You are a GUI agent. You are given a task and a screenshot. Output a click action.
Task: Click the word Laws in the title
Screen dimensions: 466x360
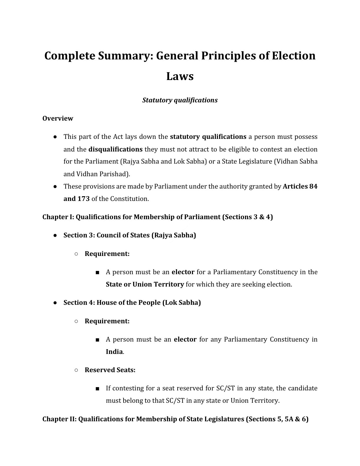click(180, 76)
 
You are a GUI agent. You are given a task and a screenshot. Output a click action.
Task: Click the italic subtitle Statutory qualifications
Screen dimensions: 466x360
click(180, 100)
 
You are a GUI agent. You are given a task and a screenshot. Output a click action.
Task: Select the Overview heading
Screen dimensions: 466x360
click(58, 118)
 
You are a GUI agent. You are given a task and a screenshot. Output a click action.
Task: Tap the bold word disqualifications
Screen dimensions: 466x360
click(115, 149)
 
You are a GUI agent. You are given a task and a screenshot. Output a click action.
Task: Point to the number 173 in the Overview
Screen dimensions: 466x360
click(84, 199)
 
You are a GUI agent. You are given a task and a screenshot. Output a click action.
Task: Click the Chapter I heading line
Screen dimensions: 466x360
click(157, 217)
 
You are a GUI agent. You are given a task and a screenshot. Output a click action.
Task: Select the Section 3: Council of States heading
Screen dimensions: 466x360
click(129, 235)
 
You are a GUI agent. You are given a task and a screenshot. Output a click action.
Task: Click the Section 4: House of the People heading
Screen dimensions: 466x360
click(132, 302)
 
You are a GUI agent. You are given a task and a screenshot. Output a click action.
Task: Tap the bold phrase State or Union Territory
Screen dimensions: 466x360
click(145, 284)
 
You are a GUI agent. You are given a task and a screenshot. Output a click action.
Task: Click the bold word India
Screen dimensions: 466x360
click(114, 352)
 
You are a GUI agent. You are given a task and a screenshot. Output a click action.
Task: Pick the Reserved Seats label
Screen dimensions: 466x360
click(110, 370)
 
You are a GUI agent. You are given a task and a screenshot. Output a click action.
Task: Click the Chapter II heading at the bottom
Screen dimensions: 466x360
click(175, 419)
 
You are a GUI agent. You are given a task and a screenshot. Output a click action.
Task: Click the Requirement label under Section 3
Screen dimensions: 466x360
click(107, 254)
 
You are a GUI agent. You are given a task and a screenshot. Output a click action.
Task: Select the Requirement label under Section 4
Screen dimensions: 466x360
click(107, 321)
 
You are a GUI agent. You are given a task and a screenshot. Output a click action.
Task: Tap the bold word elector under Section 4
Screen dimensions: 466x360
click(185, 339)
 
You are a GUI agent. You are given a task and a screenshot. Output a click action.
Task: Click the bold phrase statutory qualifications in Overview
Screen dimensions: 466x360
click(208, 137)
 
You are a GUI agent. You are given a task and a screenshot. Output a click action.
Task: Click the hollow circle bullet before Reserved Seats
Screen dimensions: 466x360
click(76, 370)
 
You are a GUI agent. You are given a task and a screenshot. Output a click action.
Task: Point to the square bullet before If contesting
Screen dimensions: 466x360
click(97, 389)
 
